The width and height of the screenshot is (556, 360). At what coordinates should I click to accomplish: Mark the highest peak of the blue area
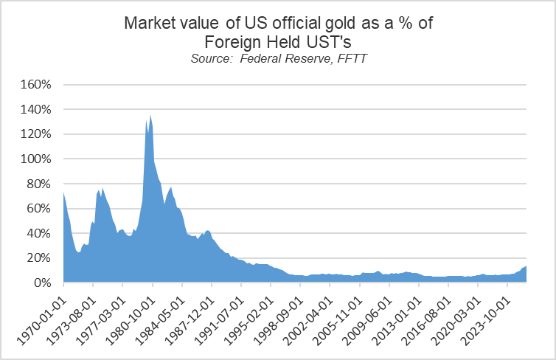(150, 115)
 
